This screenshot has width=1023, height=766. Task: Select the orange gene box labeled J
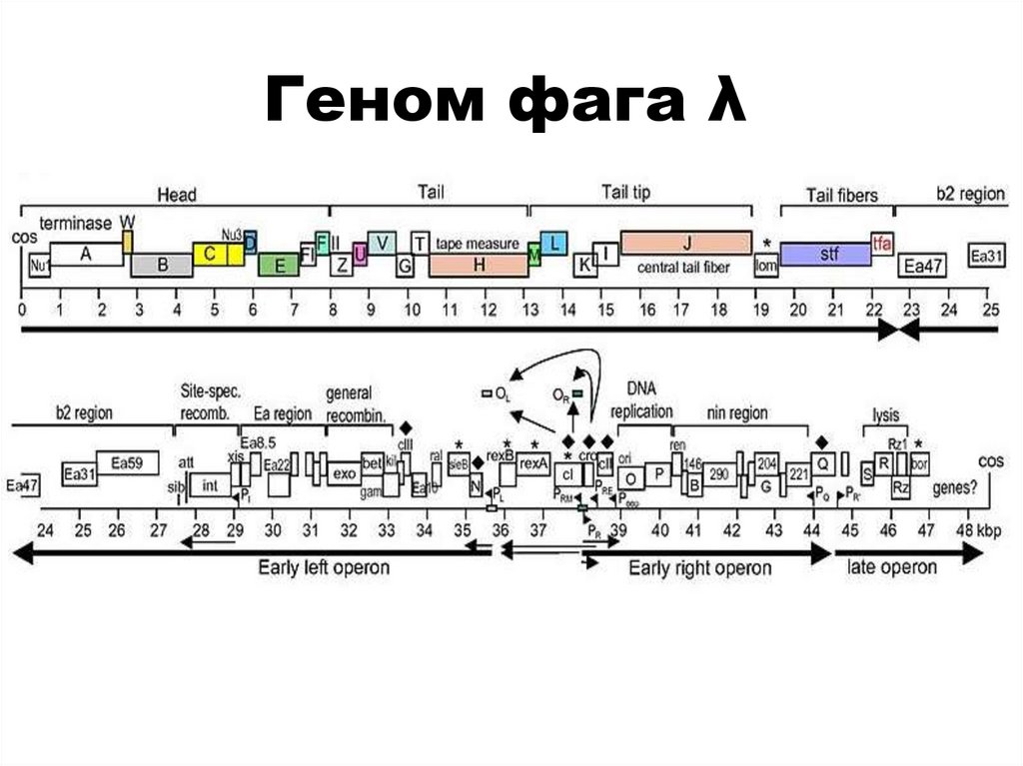685,243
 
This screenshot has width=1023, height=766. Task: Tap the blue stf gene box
824,255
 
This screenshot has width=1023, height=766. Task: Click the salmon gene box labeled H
479,265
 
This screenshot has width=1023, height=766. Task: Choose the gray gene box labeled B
162,266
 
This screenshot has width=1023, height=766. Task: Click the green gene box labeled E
279,265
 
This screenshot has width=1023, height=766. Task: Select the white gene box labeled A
86,255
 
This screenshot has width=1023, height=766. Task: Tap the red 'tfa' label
881,243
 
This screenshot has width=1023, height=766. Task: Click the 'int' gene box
210,485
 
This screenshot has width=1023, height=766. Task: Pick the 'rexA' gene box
533,462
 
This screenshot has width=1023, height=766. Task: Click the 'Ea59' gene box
127,462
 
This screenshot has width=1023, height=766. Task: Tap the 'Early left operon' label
324,568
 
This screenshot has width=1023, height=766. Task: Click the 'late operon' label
892,567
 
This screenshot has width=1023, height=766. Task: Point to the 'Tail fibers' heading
841,195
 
